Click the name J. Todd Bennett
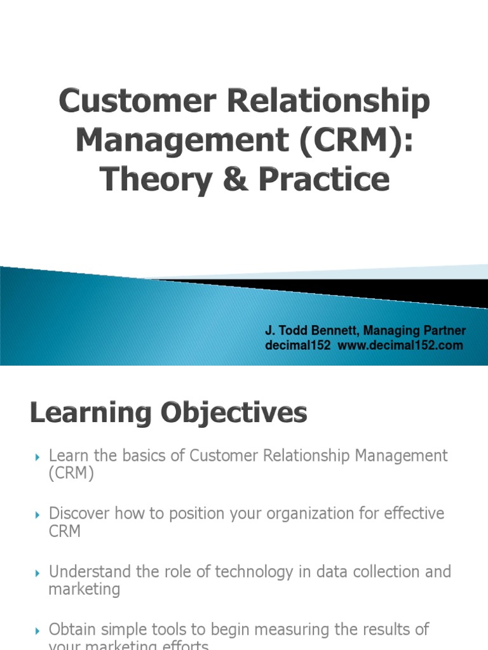pyautogui.click(x=305, y=331)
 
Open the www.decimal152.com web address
pyautogui.click(x=400, y=345)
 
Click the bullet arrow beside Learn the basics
pyautogui.click(x=36, y=456)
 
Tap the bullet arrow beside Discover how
pyautogui.click(x=36, y=514)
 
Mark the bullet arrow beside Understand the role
pyautogui.click(x=36, y=573)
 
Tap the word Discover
pyautogui.click(x=78, y=513)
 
